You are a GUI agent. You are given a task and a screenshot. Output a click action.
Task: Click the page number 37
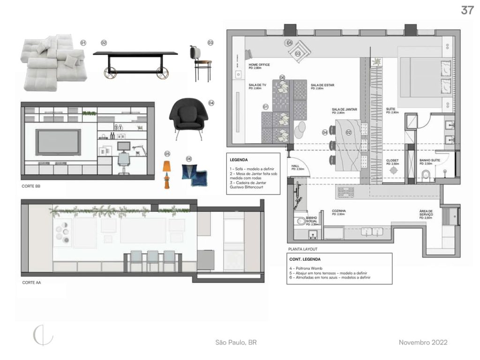467,10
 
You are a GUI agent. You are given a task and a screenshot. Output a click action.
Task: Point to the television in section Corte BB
59,142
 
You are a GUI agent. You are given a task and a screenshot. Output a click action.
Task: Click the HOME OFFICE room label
259,65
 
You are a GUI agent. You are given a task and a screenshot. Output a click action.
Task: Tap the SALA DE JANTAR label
345,110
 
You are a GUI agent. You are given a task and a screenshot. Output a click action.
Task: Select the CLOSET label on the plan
392,160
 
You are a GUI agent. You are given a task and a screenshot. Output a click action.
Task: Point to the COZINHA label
339,211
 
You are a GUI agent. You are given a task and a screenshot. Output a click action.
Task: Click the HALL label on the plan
295,165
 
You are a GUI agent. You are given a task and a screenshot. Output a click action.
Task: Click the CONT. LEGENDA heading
302,259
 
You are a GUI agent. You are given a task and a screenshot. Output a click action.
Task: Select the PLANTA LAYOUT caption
303,249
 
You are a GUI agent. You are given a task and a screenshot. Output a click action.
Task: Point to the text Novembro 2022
423,343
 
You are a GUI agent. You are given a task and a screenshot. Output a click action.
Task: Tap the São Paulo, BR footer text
236,343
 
